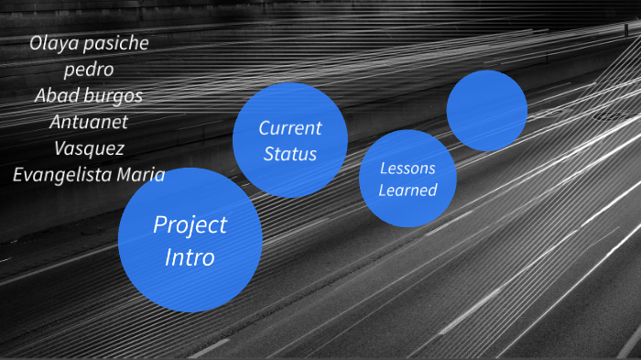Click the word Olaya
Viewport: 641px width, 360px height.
[55, 43]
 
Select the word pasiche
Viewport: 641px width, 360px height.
[117, 44]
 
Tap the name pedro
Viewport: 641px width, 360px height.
[89, 69]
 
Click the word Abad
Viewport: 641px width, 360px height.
[57, 95]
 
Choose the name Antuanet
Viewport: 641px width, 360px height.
[89, 121]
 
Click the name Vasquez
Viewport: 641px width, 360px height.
[89, 147]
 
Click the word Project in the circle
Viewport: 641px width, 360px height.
[190, 225]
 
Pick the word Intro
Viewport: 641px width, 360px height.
[190, 257]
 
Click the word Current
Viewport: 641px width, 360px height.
[289, 128]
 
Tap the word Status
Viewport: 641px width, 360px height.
[289, 153]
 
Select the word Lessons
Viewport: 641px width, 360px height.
[407, 169]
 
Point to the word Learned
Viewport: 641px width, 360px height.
[407, 191]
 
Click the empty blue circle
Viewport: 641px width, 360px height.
[486, 110]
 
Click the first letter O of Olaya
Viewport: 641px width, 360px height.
[36, 43]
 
